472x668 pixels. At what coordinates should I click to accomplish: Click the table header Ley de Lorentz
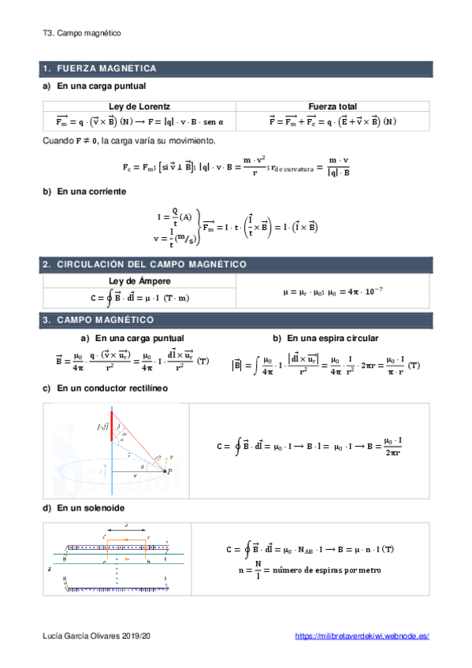tap(139, 106)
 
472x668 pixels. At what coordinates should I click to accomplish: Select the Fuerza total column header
tap(333, 106)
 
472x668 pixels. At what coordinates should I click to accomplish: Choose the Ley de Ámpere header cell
tap(139, 282)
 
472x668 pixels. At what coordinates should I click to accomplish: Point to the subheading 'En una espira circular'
tap(332, 338)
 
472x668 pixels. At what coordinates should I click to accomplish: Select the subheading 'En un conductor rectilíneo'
tap(112, 388)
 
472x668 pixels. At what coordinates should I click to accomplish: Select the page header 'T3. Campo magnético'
tap(82, 34)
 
